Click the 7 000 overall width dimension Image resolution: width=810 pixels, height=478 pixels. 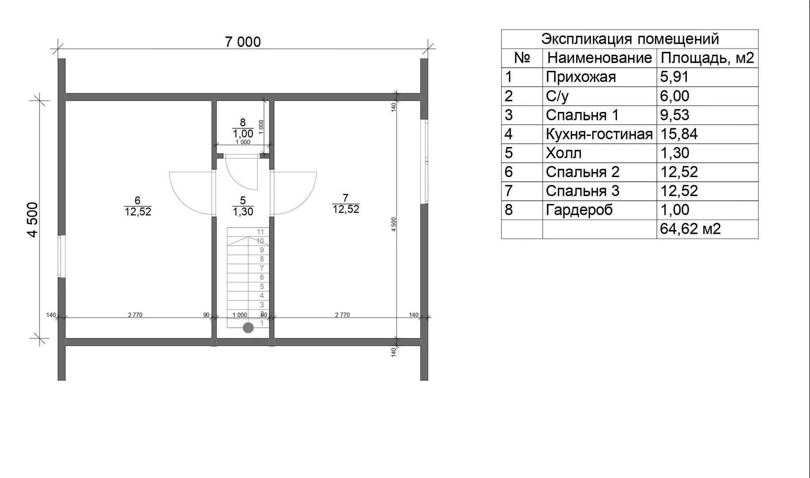243,42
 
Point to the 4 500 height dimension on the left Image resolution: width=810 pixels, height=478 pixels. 33,220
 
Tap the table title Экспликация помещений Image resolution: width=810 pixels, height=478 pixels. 630,39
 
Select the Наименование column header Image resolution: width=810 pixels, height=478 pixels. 600,58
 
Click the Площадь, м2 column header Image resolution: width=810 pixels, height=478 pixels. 707,58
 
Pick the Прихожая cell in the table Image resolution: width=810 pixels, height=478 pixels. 581,77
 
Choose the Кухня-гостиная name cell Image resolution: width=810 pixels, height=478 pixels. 599,134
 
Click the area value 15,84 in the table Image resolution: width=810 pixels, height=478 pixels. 679,134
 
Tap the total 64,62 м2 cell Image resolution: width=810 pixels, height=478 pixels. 690,229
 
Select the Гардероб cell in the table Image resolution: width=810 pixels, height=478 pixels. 579,210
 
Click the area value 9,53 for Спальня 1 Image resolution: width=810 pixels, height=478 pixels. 674,115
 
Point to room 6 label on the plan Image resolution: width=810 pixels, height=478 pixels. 138,206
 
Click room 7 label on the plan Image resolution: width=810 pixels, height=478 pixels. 345,204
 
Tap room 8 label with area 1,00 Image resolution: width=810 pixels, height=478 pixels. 243,128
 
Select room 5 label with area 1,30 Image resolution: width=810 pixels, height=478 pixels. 243,206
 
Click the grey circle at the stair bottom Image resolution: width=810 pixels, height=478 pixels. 248,328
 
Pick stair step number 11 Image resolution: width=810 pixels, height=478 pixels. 260,231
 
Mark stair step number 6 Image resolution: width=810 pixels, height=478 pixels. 262,278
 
